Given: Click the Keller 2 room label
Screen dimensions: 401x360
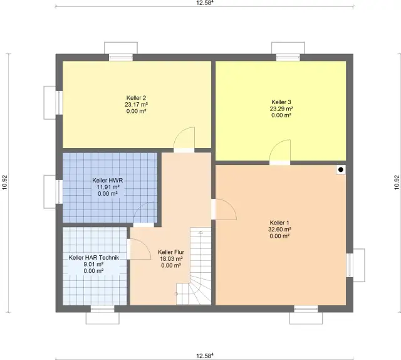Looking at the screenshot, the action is pos(136,98).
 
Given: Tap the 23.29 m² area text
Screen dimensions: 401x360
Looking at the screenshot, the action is pos(281,109).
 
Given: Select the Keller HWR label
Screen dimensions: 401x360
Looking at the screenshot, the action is pos(107,180).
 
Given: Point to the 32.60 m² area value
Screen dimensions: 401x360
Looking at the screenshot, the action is pos(279,230).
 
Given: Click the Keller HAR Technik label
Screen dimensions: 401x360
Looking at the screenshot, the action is pos(94,258).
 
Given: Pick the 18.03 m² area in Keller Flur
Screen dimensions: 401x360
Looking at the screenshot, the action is pos(171,259).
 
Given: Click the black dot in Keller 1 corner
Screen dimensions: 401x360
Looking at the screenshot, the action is pos(341,169).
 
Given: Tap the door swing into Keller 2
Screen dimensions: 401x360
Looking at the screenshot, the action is pos(184,138).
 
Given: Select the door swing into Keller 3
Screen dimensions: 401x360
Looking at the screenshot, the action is pos(280,151).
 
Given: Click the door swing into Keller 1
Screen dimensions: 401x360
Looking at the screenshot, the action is pos(224,209).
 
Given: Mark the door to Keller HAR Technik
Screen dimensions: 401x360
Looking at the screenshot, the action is pos(139,249).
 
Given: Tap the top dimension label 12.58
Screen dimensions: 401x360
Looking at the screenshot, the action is pos(205,3).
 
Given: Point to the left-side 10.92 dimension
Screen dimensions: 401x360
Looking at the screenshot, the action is pos(5,183).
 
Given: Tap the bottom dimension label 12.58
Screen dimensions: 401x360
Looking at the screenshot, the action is pos(205,356).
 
